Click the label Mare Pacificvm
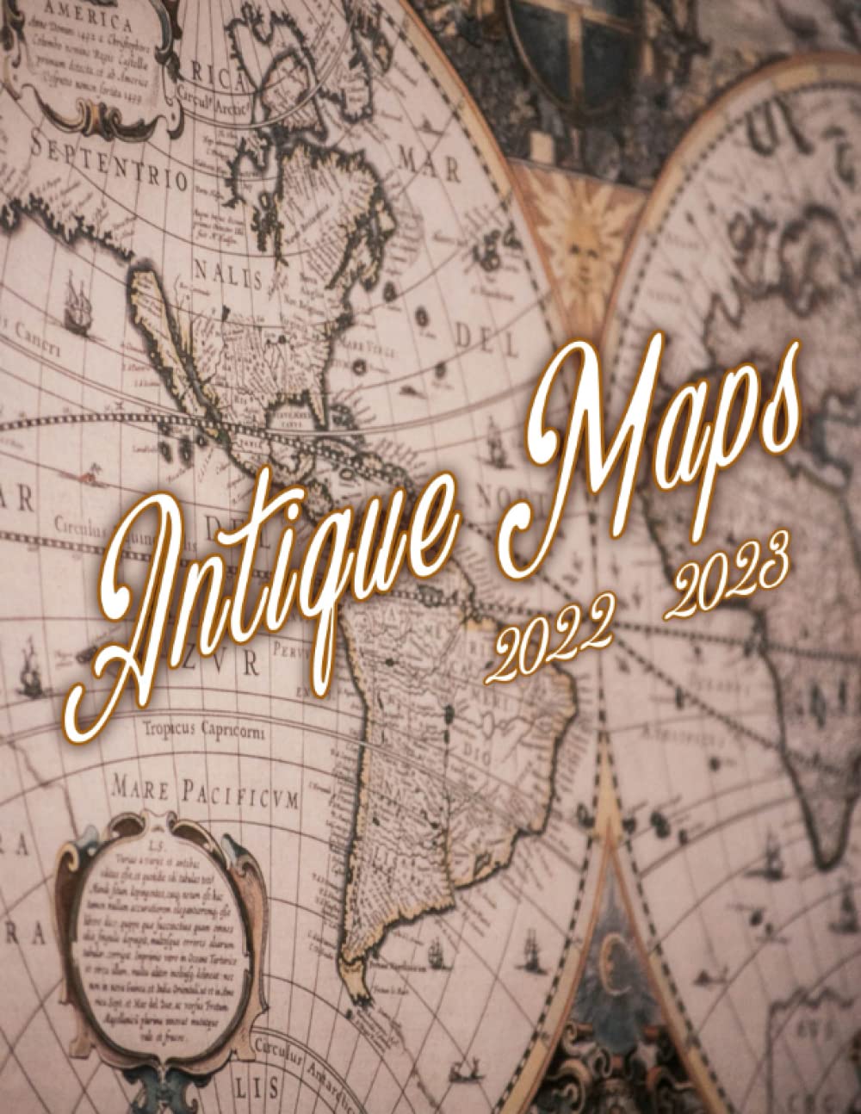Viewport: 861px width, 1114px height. [206, 793]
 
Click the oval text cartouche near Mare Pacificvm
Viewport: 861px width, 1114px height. [158, 930]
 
